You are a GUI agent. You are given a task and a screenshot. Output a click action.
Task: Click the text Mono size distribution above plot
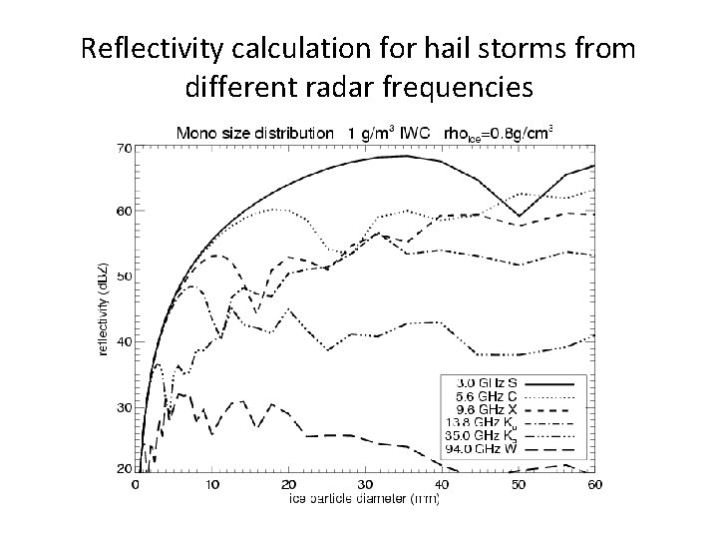[255, 132]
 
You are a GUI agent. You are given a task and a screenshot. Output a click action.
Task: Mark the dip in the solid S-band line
[518, 216]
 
